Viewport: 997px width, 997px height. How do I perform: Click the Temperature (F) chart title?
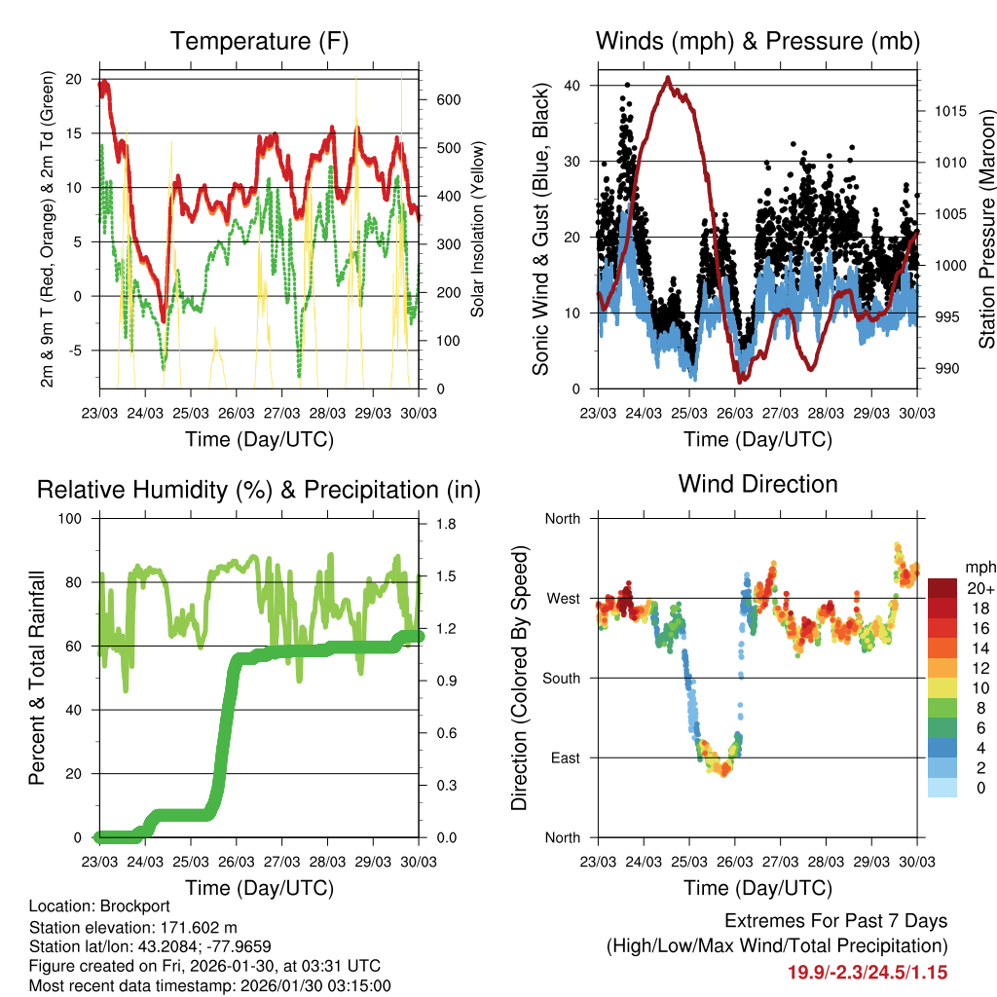click(259, 41)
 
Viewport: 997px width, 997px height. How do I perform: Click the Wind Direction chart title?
click(757, 484)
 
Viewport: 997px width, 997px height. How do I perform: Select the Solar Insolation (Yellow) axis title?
click(478, 230)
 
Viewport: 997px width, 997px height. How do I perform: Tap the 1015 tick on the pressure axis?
click(948, 111)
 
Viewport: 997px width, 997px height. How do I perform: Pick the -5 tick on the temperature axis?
click(80, 351)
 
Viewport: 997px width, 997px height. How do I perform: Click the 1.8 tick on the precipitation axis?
click(447, 525)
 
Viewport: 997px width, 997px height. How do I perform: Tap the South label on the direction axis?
click(562, 678)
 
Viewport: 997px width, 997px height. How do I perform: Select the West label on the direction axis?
click(564, 598)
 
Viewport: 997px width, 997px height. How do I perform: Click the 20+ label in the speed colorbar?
click(980, 588)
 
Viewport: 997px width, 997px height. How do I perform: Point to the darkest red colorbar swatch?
click(944, 588)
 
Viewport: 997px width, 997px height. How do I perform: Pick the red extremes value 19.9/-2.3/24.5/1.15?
click(868, 972)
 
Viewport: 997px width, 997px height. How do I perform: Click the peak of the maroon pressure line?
click(667, 77)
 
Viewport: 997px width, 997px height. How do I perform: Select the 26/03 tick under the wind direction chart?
click(735, 864)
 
